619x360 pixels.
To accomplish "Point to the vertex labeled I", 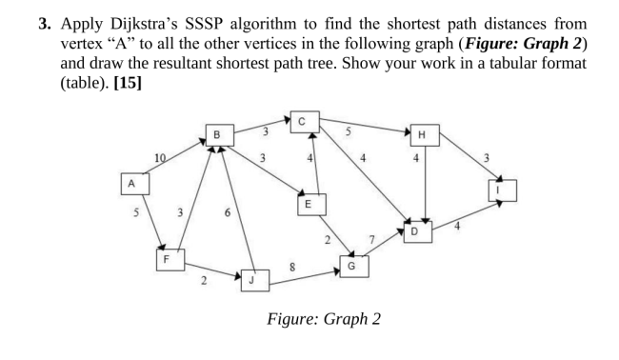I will tap(502, 190).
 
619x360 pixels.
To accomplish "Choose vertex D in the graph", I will tap(414, 231).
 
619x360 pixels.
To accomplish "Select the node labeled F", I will tap(168, 257).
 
